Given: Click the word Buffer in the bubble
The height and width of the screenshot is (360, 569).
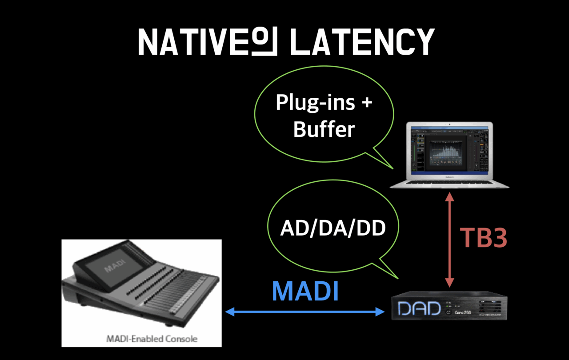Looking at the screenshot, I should click(324, 130).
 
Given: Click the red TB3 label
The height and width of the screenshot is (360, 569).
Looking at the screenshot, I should click(484, 238).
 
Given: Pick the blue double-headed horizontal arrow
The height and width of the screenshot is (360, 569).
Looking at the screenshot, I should click(305, 312).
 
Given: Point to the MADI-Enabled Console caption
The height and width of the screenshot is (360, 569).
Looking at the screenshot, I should click(152, 339).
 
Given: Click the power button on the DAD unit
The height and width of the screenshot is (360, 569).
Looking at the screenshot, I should click(448, 312).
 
